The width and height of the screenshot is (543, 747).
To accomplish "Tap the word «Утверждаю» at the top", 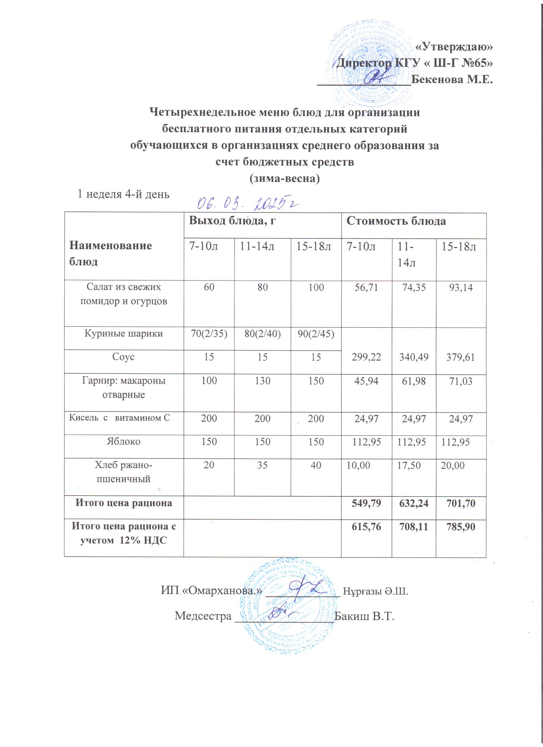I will point(454,47).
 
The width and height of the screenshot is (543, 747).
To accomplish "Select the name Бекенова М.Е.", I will point(452,79).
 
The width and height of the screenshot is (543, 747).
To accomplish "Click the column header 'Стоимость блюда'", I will point(396,221).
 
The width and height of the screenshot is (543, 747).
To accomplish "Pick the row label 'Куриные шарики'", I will point(124,334).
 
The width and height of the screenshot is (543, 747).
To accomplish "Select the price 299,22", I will point(366,357).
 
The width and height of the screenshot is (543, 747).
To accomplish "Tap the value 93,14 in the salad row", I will point(461,288).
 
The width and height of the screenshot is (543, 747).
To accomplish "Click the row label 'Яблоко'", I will point(124,441).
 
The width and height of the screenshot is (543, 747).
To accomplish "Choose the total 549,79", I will point(366,503).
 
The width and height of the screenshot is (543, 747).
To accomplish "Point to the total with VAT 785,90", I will point(461,527).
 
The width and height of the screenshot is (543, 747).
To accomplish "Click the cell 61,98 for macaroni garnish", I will point(414,381).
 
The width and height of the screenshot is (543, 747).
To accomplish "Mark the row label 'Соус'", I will point(124,357).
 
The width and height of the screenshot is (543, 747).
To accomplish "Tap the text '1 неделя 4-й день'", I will point(123,194).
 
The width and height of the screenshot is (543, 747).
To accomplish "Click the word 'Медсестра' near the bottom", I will point(203,616).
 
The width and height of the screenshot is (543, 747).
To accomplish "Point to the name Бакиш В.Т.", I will point(364,616).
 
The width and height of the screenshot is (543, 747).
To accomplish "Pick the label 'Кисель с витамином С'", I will point(119,418).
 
